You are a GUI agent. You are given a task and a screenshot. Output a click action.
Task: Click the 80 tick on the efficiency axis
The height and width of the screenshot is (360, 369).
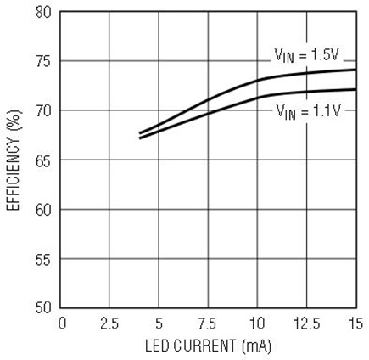[44, 12]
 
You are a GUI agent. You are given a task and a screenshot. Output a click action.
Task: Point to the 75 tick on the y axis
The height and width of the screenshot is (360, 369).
[44, 61]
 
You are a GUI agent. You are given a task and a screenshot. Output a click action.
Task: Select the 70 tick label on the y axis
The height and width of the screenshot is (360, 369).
[44, 111]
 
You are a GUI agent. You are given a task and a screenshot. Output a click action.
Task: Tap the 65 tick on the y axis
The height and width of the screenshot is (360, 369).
[44, 160]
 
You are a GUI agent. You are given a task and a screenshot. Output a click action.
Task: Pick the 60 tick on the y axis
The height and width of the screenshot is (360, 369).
[44, 210]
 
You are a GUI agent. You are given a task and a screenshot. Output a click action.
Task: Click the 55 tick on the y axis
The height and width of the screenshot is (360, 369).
[44, 259]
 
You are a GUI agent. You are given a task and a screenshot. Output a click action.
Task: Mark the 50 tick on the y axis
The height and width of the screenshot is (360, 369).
[44, 307]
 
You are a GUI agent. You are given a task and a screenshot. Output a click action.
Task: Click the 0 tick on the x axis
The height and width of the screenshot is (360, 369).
[62, 323]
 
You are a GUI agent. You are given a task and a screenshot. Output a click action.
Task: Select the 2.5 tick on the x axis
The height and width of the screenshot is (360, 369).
[109, 323]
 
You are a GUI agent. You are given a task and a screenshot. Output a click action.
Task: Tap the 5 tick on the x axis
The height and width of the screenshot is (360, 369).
[159, 323]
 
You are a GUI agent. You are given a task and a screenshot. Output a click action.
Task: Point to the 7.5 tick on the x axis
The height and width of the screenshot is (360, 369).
[208, 323]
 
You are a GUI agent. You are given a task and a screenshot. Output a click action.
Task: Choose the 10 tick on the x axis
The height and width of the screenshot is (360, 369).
[257, 323]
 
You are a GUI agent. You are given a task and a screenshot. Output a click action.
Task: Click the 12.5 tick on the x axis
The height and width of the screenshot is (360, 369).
[307, 323]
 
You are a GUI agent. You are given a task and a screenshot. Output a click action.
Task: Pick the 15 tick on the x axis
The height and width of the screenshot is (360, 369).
[355, 323]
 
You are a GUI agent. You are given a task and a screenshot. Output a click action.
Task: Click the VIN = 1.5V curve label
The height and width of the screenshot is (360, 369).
[307, 55]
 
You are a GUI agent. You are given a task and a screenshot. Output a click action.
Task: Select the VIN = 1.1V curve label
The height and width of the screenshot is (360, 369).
[309, 111]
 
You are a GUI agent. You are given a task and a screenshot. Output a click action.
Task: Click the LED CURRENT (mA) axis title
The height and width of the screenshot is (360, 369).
[209, 346]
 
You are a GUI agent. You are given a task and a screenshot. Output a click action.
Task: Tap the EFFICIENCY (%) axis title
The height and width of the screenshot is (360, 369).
[13, 160]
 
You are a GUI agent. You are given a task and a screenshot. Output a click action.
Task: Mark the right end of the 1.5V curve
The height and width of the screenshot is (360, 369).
[356, 70]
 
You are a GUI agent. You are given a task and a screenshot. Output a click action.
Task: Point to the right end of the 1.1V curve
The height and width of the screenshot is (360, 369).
[356, 89]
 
